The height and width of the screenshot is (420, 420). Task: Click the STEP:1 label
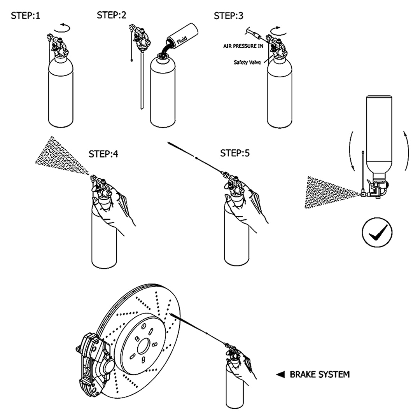click(25, 16)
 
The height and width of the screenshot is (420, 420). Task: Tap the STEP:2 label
click(112, 15)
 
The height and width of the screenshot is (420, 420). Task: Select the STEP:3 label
click(229, 16)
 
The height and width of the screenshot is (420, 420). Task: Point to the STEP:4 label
click(103, 154)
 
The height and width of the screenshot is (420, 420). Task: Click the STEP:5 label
click(235, 153)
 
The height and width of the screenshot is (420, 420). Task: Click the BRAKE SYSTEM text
click(320, 374)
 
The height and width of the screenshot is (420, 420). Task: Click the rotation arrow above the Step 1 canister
click(62, 27)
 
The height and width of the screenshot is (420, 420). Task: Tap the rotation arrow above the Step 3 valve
click(276, 30)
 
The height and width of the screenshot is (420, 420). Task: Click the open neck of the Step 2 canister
click(162, 59)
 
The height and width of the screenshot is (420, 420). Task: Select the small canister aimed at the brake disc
click(233, 385)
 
